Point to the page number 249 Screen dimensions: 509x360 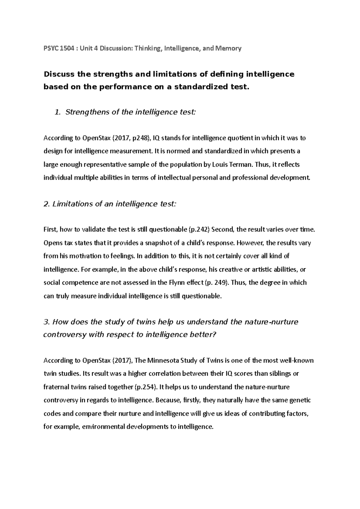coord(219,283)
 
